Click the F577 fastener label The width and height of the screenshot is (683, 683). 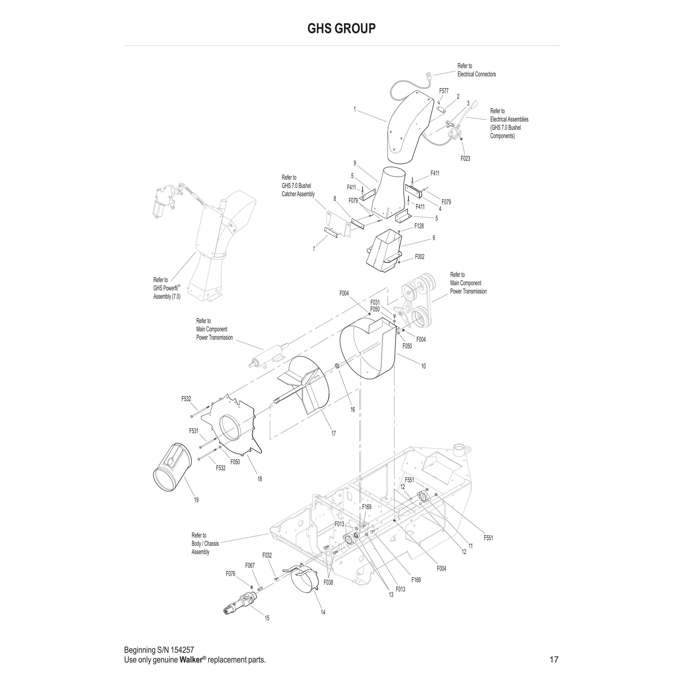click(x=444, y=91)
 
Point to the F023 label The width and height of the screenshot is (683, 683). click(x=465, y=159)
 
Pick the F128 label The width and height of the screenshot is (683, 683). click(x=419, y=226)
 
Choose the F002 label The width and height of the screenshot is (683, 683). click(x=420, y=257)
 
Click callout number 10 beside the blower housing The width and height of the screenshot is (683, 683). click(x=423, y=366)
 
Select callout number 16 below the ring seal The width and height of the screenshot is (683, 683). click(x=352, y=410)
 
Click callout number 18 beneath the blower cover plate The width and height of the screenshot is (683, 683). click(x=260, y=479)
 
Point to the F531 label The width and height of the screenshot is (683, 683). click(x=194, y=431)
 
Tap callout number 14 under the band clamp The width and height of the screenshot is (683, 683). click(x=323, y=612)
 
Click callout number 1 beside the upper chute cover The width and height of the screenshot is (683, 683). click(x=354, y=109)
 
